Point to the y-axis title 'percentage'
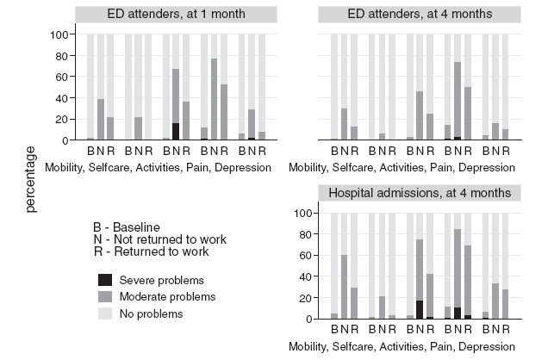tap(32, 179)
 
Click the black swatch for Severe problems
tap(104, 279)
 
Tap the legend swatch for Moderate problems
tap(104, 296)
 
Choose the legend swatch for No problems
tap(104, 313)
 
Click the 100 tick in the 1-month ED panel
tap(58, 34)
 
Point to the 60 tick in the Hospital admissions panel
tap(301, 255)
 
